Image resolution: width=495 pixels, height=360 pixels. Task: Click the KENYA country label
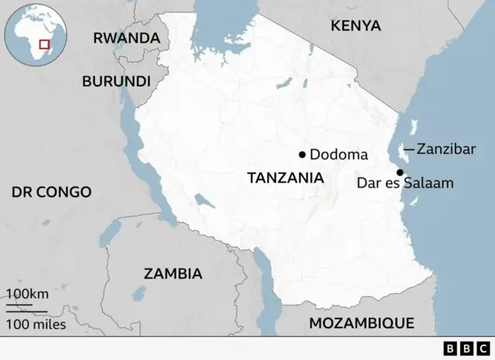[356, 26]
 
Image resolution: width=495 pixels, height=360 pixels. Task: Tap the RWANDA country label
[126, 38]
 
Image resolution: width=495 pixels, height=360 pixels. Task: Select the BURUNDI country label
[116, 81]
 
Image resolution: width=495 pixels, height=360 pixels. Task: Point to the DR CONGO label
[51, 191]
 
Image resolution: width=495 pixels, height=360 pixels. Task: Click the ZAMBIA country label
[172, 273]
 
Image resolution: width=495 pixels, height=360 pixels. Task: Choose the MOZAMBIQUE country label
[361, 323]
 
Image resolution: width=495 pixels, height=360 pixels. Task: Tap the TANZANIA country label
[285, 177]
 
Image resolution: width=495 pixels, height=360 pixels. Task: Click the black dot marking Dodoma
[302, 154]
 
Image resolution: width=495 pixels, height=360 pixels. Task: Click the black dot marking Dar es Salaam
[400, 172]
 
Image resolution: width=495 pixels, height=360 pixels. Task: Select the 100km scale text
[28, 294]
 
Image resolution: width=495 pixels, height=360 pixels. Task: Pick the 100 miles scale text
[36, 324]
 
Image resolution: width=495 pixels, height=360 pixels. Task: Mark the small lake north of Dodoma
[287, 82]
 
